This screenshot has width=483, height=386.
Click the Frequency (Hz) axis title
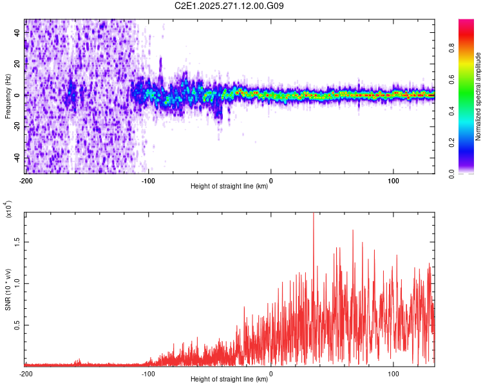click(8, 96)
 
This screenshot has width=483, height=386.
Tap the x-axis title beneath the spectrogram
click(229, 187)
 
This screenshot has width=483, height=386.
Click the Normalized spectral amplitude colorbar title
click(478, 96)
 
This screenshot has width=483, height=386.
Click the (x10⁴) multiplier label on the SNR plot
click(8, 209)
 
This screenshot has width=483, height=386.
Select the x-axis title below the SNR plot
click(229, 380)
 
